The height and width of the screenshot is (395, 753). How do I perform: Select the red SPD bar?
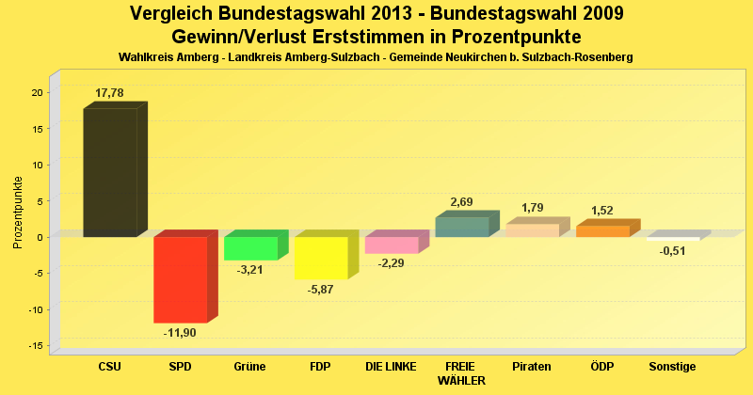pyautogui.click(x=181, y=279)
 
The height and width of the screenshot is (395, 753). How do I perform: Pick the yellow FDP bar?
pyautogui.click(x=321, y=258)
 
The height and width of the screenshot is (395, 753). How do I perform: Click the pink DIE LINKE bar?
pyautogui.click(x=392, y=245)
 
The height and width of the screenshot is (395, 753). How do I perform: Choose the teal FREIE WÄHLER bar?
pyautogui.click(x=461, y=227)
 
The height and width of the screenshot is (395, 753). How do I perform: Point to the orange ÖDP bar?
pyautogui.click(x=602, y=230)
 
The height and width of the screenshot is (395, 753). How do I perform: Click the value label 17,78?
pyautogui.click(x=109, y=93)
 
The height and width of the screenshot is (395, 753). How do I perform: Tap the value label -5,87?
pyautogui.click(x=321, y=289)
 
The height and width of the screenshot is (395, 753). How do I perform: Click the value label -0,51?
pyautogui.click(x=672, y=251)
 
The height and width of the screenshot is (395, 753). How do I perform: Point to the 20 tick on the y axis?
pyautogui.click(x=37, y=92)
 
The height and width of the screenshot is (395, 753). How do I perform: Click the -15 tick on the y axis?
pyautogui.click(x=35, y=346)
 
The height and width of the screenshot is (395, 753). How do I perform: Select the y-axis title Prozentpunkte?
pyautogui.click(x=18, y=212)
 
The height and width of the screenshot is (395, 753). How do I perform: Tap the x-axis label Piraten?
pyautogui.click(x=532, y=366)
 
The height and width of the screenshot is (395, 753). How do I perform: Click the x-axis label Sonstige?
pyautogui.click(x=672, y=366)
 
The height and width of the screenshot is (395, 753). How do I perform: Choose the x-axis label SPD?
pyautogui.click(x=180, y=366)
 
